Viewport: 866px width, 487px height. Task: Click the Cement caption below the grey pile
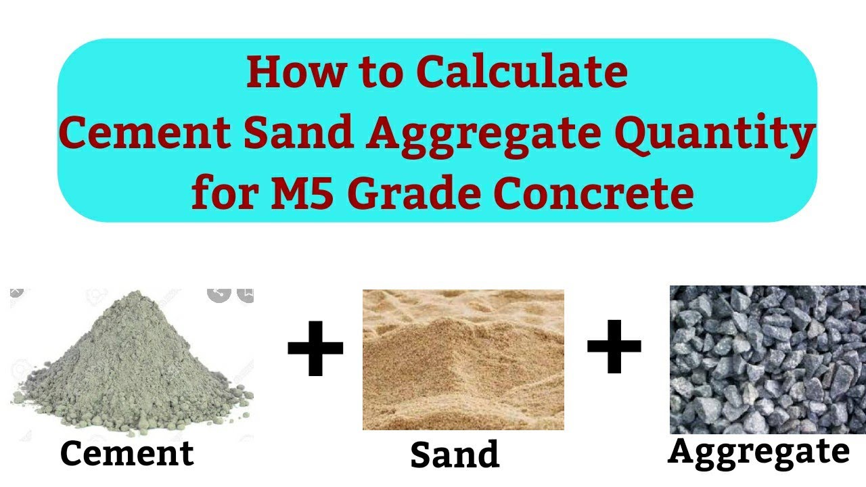127,453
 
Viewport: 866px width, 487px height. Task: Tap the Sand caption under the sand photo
455,455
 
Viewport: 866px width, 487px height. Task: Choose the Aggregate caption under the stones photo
758,450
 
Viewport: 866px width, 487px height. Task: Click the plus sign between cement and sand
315,349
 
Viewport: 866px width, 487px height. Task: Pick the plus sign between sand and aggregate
614,347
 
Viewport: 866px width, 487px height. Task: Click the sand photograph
463,359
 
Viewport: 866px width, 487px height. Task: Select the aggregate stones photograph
767,359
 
